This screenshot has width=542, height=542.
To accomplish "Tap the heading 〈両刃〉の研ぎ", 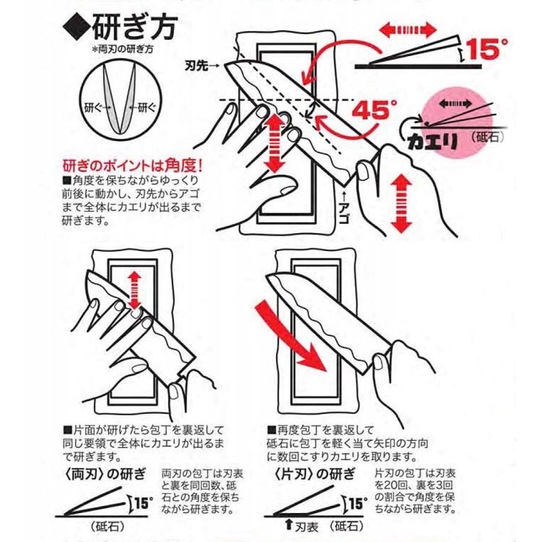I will [104, 473].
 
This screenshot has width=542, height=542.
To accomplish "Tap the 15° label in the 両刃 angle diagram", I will [142, 502].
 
